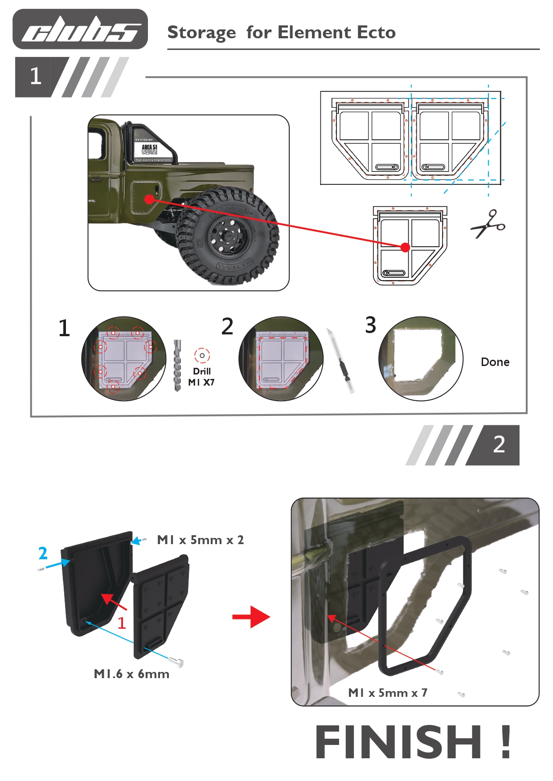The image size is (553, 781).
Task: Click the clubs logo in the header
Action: click(x=80, y=29)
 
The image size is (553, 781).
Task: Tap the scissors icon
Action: click(x=488, y=224)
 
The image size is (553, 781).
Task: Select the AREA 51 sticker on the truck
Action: click(x=149, y=149)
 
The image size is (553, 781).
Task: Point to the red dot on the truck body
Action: click(x=150, y=199)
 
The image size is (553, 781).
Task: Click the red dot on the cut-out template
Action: click(x=405, y=247)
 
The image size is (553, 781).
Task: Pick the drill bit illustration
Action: click(x=177, y=365)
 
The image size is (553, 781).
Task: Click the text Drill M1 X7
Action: click(x=201, y=377)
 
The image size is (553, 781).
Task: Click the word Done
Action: click(x=495, y=362)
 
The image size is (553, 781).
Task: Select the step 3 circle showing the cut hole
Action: click(x=421, y=358)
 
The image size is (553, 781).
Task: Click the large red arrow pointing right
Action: click(x=251, y=617)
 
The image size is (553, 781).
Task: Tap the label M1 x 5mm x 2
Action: click(x=200, y=540)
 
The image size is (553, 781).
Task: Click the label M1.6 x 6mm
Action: click(x=131, y=674)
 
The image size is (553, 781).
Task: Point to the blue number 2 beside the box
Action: click(x=43, y=553)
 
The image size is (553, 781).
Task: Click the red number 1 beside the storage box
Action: click(x=122, y=622)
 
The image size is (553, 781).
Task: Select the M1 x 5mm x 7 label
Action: click(x=387, y=692)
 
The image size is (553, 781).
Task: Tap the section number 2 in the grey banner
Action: click(x=499, y=444)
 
